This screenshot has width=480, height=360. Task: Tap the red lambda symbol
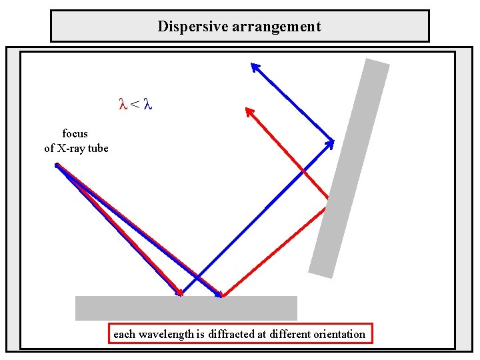pos(122,104)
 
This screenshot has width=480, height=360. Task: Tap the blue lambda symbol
pos(148,104)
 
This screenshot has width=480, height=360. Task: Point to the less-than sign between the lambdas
pos(135,105)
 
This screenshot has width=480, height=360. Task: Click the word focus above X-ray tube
pos(75,133)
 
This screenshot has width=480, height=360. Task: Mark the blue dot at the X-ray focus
pos(57,165)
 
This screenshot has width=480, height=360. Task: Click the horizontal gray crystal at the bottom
pos(186,308)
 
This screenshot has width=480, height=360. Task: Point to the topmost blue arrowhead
pos(255,66)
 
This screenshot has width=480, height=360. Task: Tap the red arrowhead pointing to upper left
pos(249,111)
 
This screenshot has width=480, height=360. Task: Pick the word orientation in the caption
pos(339,334)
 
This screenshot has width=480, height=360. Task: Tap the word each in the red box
pos(123,334)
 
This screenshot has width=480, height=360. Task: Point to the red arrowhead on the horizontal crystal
pos(178,292)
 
